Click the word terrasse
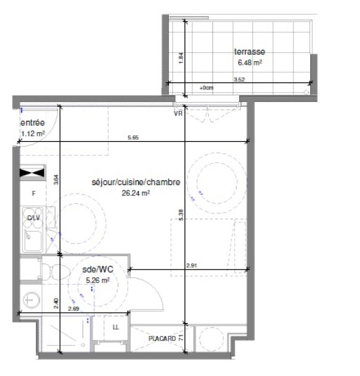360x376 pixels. click(x=249, y=52)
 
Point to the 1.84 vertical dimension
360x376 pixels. click(x=181, y=57)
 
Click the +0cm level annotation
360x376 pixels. click(x=206, y=88)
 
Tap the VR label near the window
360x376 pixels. click(x=178, y=113)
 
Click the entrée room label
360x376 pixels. click(x=32, y=123)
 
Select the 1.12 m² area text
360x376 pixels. click(x=33, y=133)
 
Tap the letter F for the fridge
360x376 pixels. click(x=33, y=193)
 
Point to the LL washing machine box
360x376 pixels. click(x=116, y=328)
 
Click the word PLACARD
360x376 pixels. click(x=162, y=338)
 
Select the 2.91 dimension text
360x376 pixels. click(x=191, y=266)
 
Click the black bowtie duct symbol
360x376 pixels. click(x=32, y=173)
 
